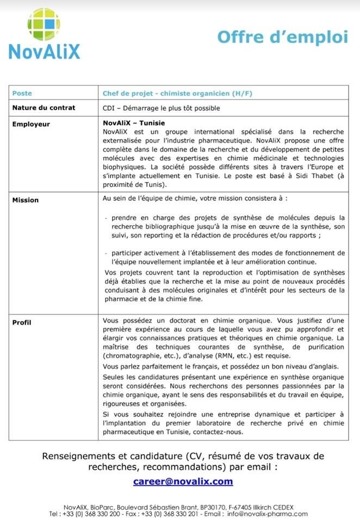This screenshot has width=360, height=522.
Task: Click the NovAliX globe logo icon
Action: [x=44, y=24]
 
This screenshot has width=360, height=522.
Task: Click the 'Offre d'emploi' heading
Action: [x=282, y=37]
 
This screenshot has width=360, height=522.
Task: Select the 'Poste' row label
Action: [x=22, y=94]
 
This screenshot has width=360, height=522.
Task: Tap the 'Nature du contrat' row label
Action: [x=44, y=108]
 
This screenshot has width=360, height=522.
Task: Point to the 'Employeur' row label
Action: [x=31, y=124]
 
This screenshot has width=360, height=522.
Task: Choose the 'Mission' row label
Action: [x=26, y=200]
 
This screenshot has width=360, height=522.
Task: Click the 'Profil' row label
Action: [x=22, y=322]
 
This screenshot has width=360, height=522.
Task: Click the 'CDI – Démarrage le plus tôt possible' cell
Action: [x=161, y=108]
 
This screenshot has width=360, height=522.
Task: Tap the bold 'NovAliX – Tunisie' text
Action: [x=134, y=123]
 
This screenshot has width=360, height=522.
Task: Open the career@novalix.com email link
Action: [x=183, y=481]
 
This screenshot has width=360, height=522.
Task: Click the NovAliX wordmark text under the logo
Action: [x=44, y=52]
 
